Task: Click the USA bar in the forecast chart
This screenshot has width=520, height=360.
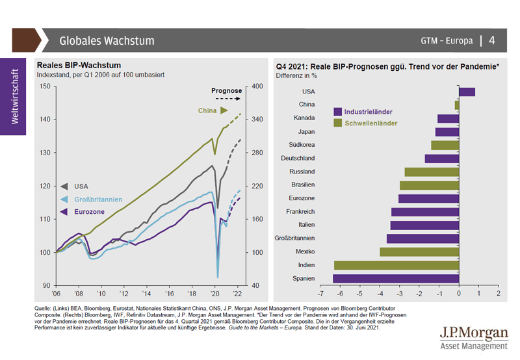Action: (467, 92)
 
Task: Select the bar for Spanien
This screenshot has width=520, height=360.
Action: (396, 278)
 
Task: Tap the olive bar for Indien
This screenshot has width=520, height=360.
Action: (396, 265)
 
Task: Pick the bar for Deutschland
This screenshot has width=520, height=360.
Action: (441, 159)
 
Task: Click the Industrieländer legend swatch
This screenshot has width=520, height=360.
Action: (337, 112)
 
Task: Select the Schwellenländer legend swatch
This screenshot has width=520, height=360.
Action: (337, 123)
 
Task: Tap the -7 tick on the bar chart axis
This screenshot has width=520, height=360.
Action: (320, 294)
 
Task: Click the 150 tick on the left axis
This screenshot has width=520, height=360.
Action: (45, 86)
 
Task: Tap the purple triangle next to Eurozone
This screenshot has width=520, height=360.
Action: (64, 212)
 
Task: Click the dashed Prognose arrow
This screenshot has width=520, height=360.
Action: (227, 99)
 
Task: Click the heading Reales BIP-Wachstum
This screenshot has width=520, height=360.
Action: (79, 65)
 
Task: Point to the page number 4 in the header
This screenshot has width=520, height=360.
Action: (492, 40)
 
